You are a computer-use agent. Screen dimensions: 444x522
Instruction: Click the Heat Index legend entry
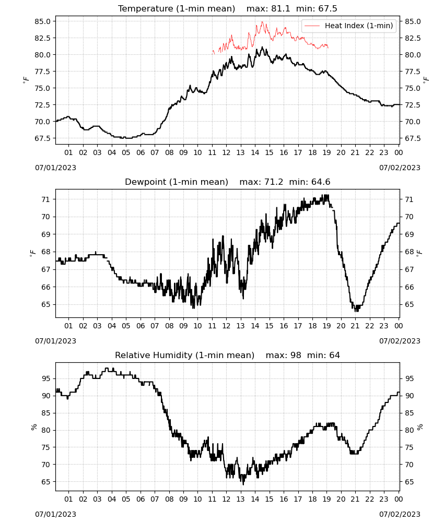[x=349, y=26]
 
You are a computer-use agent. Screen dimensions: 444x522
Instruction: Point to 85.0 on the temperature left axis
[x=43, y=21]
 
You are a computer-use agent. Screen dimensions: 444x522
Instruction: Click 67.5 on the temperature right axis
[x=413, y=138]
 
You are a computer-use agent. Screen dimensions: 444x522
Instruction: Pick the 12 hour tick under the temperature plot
[x=226, y=152]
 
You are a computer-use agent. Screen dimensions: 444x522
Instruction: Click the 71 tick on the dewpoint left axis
[x=45, y=199]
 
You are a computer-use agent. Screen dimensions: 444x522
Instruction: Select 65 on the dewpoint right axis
[x=409, y=304]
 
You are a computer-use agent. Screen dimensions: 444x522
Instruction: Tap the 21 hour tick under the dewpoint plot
[x=355, y=326]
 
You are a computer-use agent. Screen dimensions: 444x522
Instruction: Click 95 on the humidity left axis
[x=45, y=378]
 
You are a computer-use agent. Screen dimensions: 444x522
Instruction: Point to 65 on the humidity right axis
[x=409, y=482]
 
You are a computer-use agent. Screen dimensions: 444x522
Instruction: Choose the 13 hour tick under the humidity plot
[x=240, y=499]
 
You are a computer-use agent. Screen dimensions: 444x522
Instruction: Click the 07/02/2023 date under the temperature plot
[x=400, y=168]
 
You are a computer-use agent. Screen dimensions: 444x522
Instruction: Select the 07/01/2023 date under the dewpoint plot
[x=55, y=341]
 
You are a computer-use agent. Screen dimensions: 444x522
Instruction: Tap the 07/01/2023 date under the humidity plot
[x=55, y=514]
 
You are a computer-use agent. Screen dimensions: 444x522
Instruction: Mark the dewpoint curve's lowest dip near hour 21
[x=356, y=311]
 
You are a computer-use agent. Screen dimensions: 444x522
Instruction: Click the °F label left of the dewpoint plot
[x=32, y=253]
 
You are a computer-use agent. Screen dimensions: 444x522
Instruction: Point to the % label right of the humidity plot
[x=419, y=427]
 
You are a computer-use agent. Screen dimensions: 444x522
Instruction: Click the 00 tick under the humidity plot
[x=399, y=499]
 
